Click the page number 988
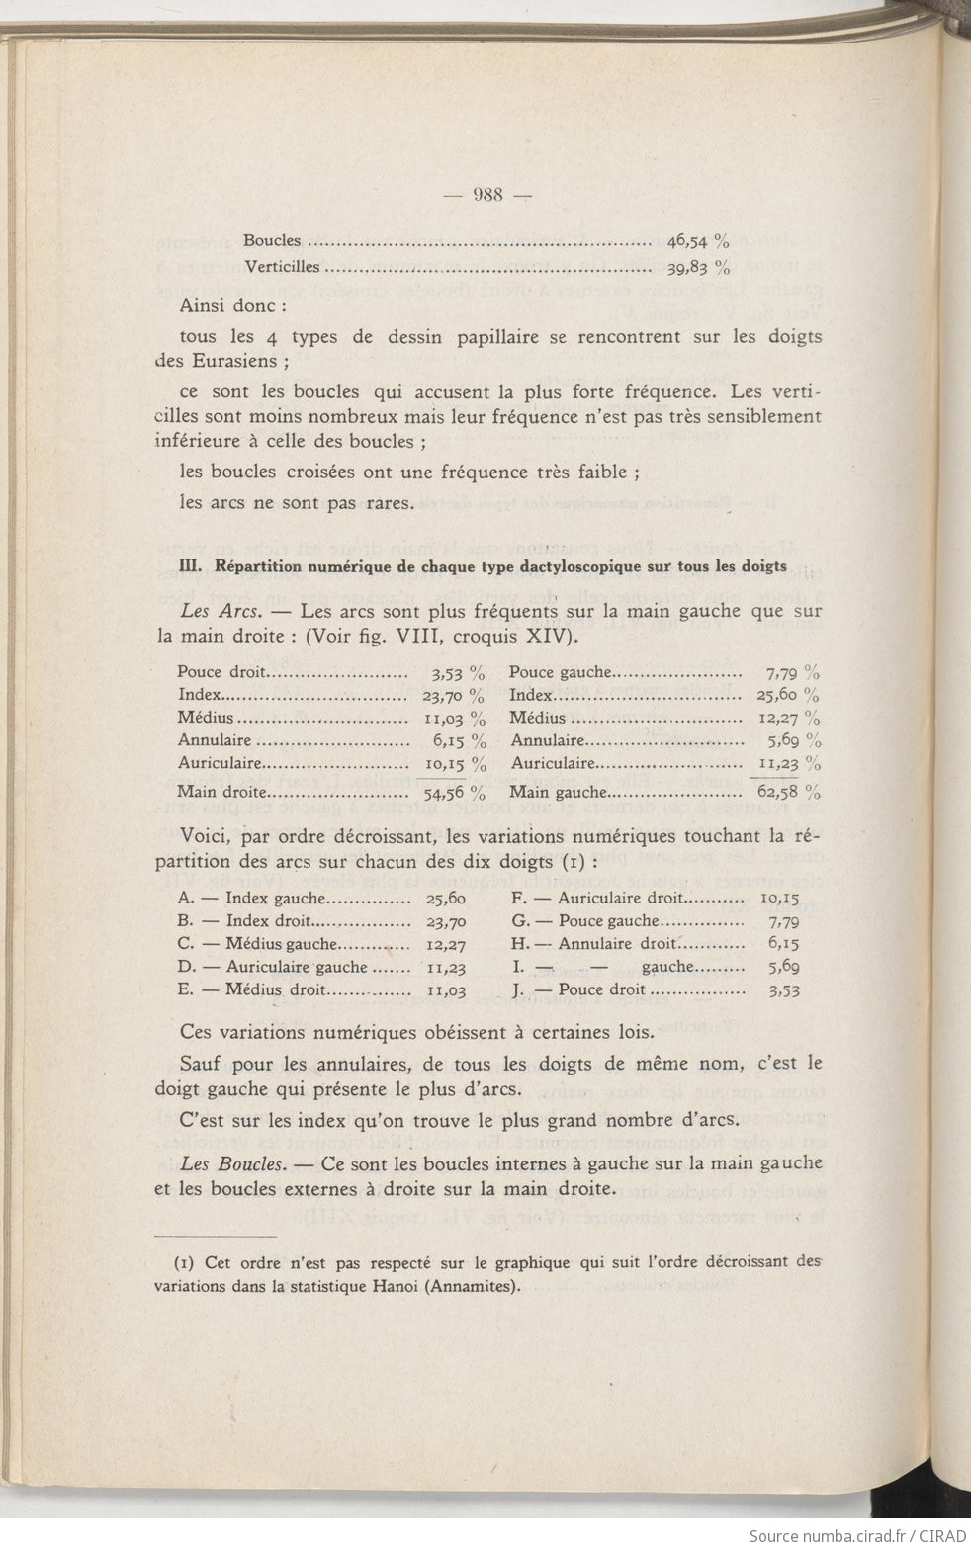(x=488, y=194)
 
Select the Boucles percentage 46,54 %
(x=698, y=240)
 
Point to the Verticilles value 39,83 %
(x=698, y=266)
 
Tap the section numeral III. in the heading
(x=190, y=566)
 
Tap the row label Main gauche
(x=558, y=791)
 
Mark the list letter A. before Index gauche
(x=185, y=899)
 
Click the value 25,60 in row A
(x=446, y=899)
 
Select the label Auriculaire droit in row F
(x=620, y=899)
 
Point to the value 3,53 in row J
(x=783, y=989)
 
